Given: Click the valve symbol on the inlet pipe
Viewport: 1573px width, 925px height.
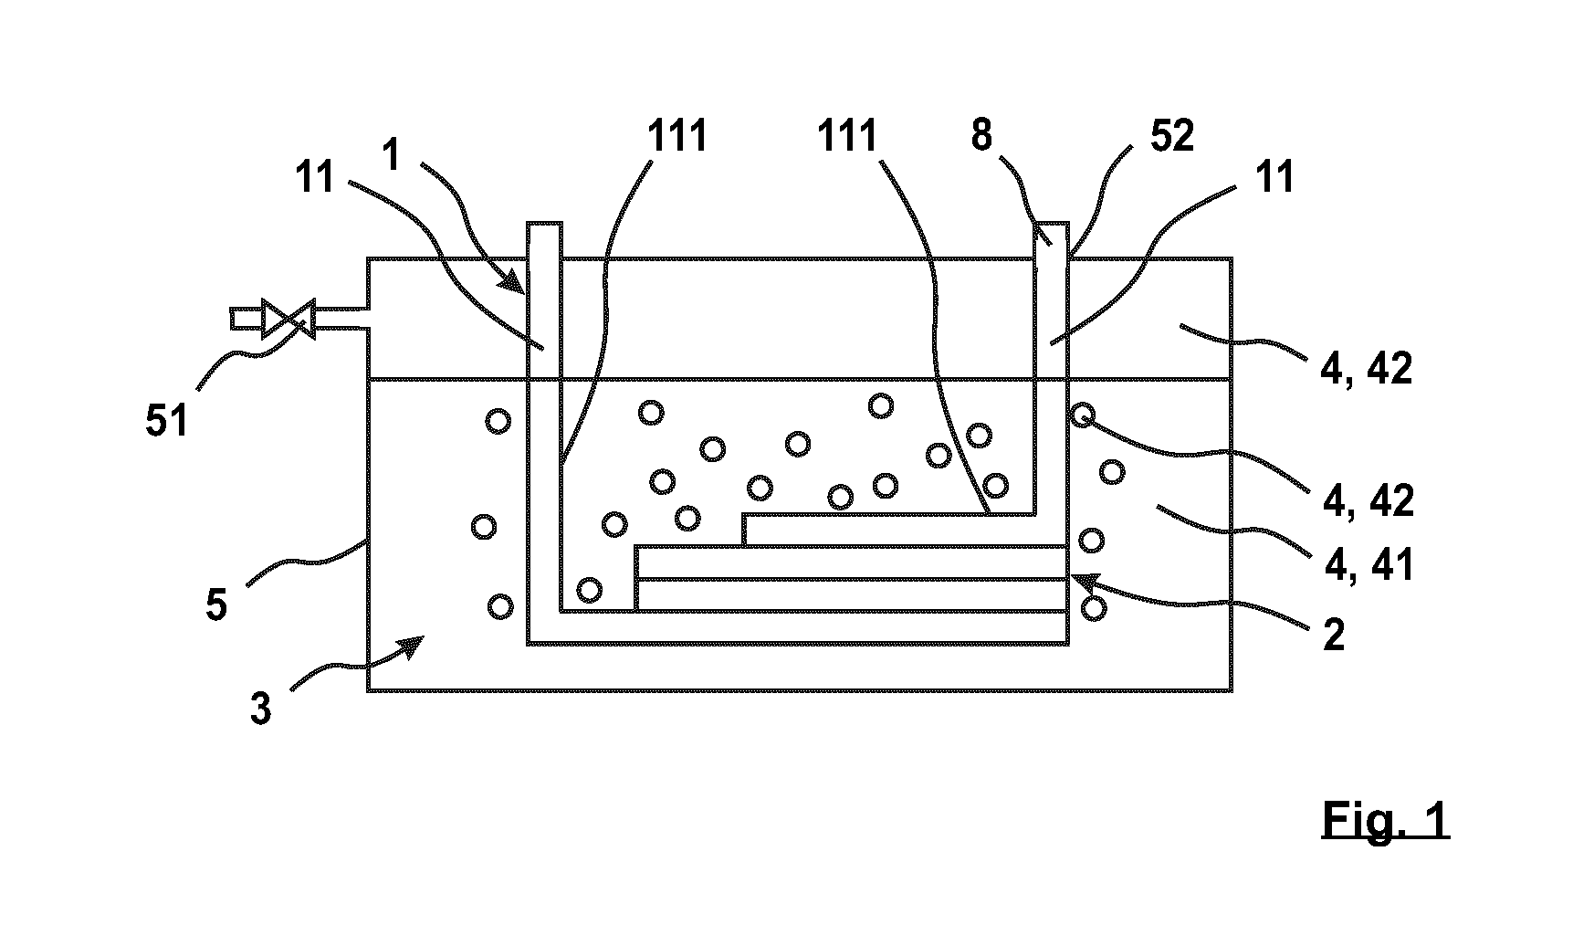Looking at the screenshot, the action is pos(288,319).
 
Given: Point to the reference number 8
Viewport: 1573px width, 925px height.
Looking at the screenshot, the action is pos(981,137).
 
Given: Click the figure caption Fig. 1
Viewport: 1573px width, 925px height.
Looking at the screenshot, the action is pos(1385,819).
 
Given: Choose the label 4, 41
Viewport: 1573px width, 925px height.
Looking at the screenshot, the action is pos(1369,565).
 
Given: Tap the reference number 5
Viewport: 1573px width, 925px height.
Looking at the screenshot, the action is pos(216,604).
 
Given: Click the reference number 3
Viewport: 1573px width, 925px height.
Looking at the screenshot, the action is pos(261,709).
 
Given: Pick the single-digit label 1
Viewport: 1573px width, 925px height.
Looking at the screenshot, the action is pos(393,154).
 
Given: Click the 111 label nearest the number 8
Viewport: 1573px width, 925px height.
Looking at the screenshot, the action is pos(847,136).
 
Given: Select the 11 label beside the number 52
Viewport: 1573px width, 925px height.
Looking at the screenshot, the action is pos(1275,177).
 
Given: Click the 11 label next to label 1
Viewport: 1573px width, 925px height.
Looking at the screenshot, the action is pos(316,177).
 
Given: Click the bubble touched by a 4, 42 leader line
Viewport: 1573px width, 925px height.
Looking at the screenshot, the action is pos(1082,415).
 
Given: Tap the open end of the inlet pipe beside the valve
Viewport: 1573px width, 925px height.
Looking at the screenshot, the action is pos(234,319).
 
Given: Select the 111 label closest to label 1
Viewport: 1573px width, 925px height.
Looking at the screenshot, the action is pos(677,136).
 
